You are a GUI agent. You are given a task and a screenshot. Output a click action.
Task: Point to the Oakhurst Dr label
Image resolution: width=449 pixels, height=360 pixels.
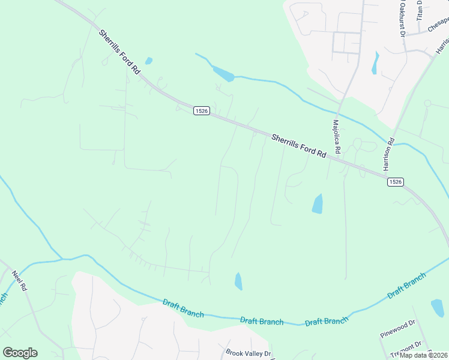(401, 19)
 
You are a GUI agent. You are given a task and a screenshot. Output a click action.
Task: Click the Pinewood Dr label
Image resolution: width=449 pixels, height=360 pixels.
(397, 329)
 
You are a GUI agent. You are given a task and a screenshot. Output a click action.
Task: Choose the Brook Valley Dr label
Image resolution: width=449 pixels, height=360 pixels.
(249, 353)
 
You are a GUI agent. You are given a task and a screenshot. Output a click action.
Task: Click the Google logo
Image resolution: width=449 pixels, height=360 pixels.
(20, 353)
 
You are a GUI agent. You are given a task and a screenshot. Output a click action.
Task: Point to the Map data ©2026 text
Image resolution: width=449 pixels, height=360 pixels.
(424, 355)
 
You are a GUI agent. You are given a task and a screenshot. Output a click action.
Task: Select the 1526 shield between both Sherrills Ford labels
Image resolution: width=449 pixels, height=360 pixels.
(201, 111)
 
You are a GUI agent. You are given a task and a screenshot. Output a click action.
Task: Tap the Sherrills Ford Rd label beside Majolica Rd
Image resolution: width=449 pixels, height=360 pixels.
(298, 146)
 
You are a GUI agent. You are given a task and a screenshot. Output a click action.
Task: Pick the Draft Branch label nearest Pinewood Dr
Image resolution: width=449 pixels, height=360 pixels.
(406, 286)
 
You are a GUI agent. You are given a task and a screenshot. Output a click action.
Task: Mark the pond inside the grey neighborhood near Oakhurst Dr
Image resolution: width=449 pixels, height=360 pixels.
(375, 62)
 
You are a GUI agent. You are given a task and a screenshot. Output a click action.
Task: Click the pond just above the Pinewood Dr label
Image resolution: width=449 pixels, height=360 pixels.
(438, 307)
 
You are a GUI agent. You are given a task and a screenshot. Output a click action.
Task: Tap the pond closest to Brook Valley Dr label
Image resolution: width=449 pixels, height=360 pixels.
(239, 281)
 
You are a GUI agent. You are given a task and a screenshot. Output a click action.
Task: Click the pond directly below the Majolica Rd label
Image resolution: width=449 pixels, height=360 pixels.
(317, 204)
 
